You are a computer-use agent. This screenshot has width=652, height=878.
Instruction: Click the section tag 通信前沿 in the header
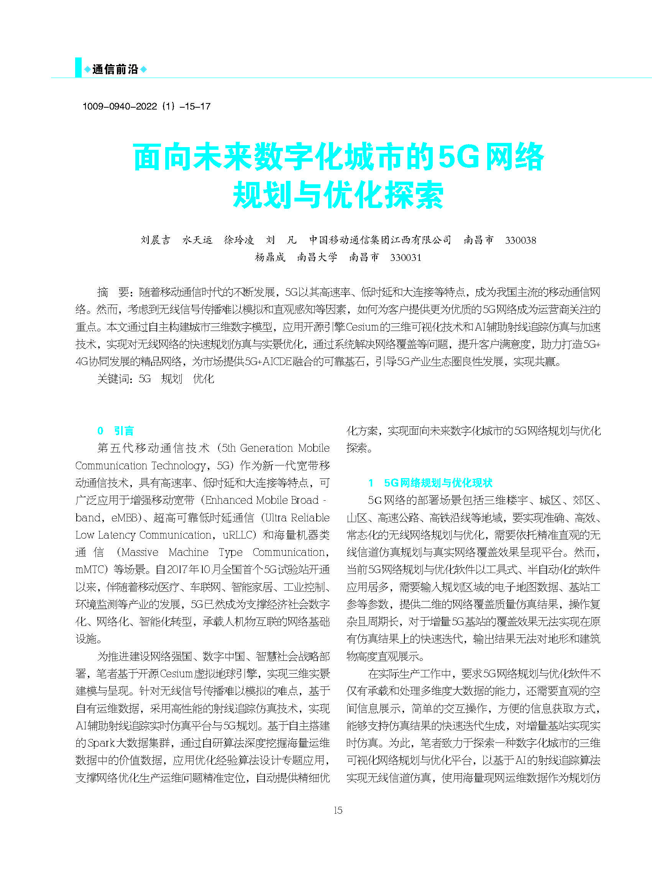tap(115, 70)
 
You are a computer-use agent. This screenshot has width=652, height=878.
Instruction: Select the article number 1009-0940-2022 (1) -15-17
tap(146, 106)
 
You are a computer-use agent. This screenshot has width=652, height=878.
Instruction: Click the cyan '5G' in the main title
tap(458, 157)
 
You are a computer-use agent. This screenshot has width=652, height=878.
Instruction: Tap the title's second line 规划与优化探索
tap(338, 195)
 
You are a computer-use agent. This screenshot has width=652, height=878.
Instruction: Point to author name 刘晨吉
tap(156, 240)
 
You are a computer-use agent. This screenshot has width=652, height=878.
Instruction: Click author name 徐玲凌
tap(239, 240)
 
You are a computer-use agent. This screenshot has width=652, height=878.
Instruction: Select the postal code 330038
tap(520, 240)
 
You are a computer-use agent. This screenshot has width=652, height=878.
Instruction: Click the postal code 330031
tap(406, 257)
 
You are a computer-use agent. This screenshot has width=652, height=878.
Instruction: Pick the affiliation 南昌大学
tap(317, 257)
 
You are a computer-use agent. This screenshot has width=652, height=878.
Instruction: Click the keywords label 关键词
tap(114, 379)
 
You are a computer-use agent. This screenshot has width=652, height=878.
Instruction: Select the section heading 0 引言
tap(116, 431)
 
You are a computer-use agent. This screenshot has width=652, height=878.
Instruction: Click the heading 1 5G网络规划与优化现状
tap(430, 483)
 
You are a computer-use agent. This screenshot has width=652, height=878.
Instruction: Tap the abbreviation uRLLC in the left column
tap(238, 535)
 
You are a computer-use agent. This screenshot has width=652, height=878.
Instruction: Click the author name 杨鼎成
tap(270, 257)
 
